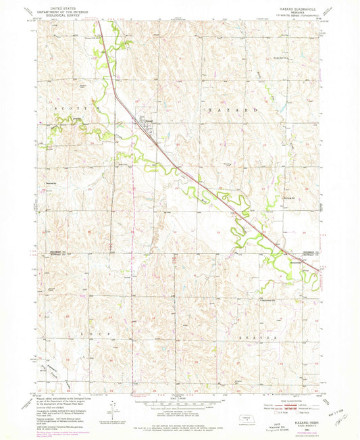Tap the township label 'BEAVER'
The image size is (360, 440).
pos(263,336)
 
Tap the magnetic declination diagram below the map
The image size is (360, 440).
pos(115,408)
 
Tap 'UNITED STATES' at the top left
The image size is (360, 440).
pos(60,5)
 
